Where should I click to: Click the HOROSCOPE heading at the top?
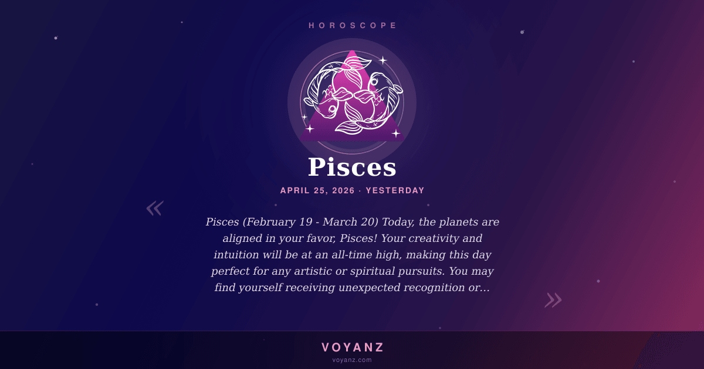pos(353,25)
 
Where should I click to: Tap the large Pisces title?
pos(352,167)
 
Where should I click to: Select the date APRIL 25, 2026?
pos(317,190)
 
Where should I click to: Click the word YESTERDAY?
pos(395,190)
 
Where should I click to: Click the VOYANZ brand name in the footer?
pos(353,347)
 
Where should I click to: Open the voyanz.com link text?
pos(352,360)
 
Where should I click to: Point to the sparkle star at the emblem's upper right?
pos(383,60)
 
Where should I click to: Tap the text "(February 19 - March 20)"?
pos(310,222)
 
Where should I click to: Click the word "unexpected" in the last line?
pos(369,288)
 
